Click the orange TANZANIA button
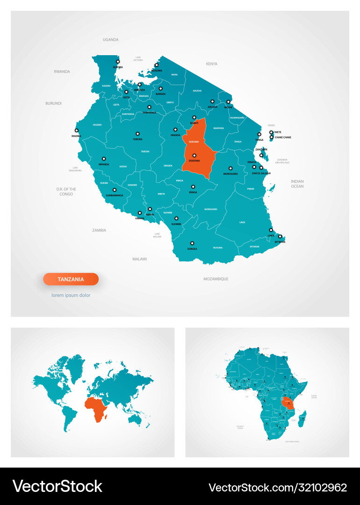(x=71, y=279)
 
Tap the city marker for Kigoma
(x=77, y=130)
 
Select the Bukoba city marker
(x=118, y=61)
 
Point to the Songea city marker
(x=192, y=243)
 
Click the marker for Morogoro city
(x=230, y=168)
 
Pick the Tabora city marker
(x=137, y=133)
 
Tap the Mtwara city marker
(x=280, y=236)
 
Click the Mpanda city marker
(x=104, y=159)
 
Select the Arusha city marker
(x=212, y=101)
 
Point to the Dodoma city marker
(x=194, y=155)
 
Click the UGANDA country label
(x=111, y=40)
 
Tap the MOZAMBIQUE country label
(x=216, y=279)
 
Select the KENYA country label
(x=212, y=63)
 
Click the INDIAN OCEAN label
(x=297, y=184)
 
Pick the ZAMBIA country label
(x=99, y=230)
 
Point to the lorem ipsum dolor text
(x=71, y=295)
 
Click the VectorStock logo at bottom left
(x=57, y=486)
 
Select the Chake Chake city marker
(x=272, y=137)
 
